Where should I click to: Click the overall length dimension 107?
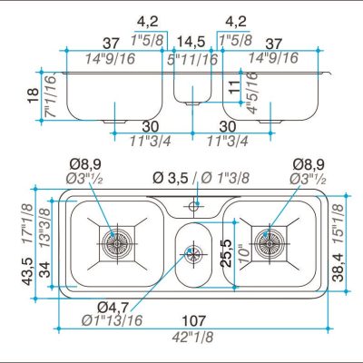(x=194, y=320)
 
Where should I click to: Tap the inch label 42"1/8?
(x=192, y=337)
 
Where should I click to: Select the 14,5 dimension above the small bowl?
(x=191, y=42)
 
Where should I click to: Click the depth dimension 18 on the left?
(x=34, y=96)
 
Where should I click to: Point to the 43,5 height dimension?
(x=28, y=271)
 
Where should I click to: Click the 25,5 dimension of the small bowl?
(x=226, y=253)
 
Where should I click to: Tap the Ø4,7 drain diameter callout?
(x=113, y=308)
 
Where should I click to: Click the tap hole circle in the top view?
(x=193, y=207)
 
